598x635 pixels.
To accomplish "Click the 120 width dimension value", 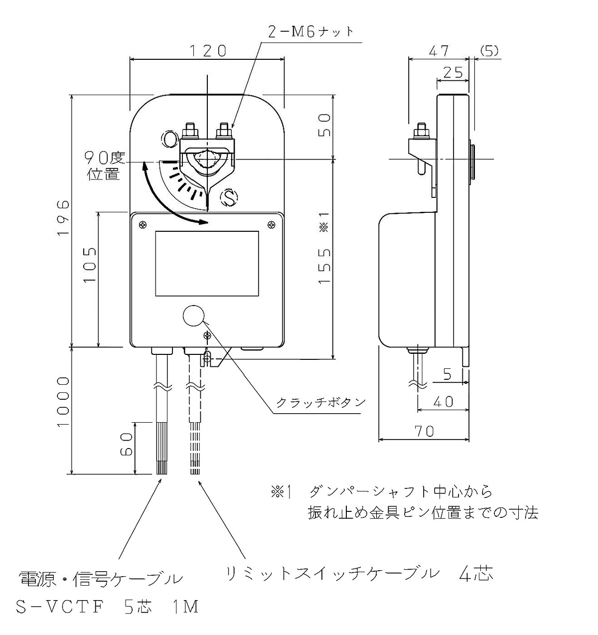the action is (x=208, y=51).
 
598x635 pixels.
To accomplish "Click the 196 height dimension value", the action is (x=63, y=218).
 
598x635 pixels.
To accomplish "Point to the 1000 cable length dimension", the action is (x=63, y=401).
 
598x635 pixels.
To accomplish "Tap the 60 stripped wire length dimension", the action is (x=126, y=445).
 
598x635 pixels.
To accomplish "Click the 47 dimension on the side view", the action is (x=439, y=51).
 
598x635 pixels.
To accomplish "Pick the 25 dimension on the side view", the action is (x=452, y=72).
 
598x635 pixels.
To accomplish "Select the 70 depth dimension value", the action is (x=425, y=431).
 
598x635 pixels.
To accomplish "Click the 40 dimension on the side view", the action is (x=443, y=402).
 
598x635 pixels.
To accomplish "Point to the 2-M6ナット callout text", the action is (x=310, y=32).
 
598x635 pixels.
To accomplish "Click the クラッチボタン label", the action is (x=321, y=402).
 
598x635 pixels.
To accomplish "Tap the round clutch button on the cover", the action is (x=193, y=316).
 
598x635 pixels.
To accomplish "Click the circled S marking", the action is (x=229, y=198).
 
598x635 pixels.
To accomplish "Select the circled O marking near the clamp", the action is (x=169, y=139).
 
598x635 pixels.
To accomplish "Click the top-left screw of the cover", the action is (x=143, y=225).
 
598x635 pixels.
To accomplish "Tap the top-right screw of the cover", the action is (x=271, y=225).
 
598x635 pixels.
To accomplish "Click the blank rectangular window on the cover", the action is (x=207, y=264).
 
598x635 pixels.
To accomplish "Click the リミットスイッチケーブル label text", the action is (x=333, y=573).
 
